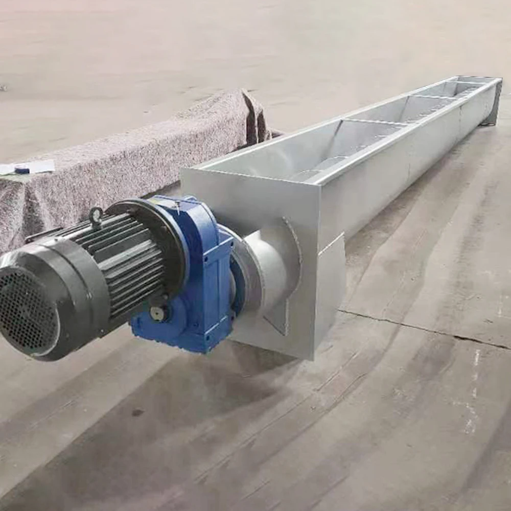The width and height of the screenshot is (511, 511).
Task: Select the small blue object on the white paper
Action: point(21,170)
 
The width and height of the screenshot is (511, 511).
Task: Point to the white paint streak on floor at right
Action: point(473,388)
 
